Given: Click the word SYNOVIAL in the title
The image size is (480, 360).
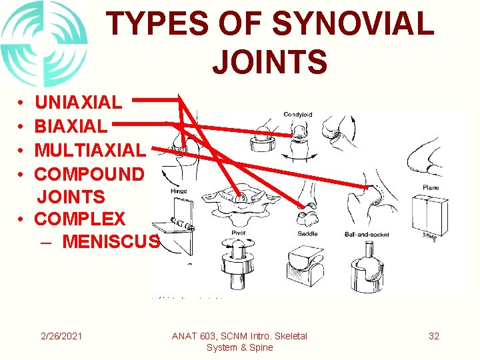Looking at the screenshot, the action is click(354, 25).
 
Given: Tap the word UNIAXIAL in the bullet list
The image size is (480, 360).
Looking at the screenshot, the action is click(78, 103).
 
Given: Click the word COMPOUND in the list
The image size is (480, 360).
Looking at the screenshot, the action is click(89, 174).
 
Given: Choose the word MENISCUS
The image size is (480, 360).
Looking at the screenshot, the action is click(111, 241).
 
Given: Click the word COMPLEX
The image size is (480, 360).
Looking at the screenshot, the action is click(79, 219).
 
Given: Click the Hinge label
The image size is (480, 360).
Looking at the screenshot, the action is click(180, 190).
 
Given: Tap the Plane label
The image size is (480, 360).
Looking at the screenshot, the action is click(431, 187).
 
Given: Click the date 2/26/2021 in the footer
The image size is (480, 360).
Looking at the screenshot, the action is click(61, 336).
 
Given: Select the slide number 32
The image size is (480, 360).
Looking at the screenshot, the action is click(434, 336).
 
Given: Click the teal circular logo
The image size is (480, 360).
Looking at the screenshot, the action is click(44, 44).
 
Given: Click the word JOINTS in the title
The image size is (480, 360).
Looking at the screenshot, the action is click(269, 61).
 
